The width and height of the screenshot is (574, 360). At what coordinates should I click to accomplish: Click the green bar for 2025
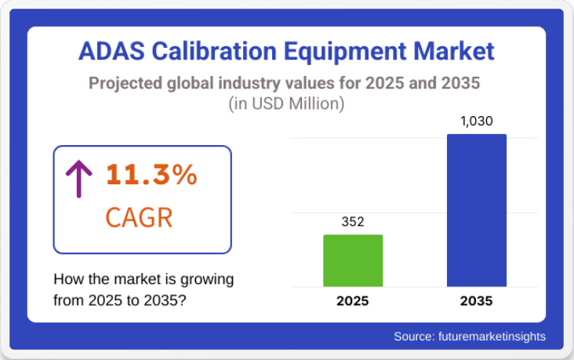353,260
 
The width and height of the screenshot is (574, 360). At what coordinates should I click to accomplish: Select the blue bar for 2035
477,210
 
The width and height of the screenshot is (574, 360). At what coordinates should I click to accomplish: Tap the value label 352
353,222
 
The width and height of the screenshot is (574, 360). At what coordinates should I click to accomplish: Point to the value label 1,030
477,122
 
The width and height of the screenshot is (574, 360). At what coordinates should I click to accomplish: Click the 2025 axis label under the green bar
353,300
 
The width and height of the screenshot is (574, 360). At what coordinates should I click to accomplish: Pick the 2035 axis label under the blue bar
477,300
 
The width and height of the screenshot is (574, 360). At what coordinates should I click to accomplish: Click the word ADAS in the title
111,52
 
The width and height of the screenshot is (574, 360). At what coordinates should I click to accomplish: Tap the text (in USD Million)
286,103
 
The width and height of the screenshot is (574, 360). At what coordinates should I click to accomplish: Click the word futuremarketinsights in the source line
490,336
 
